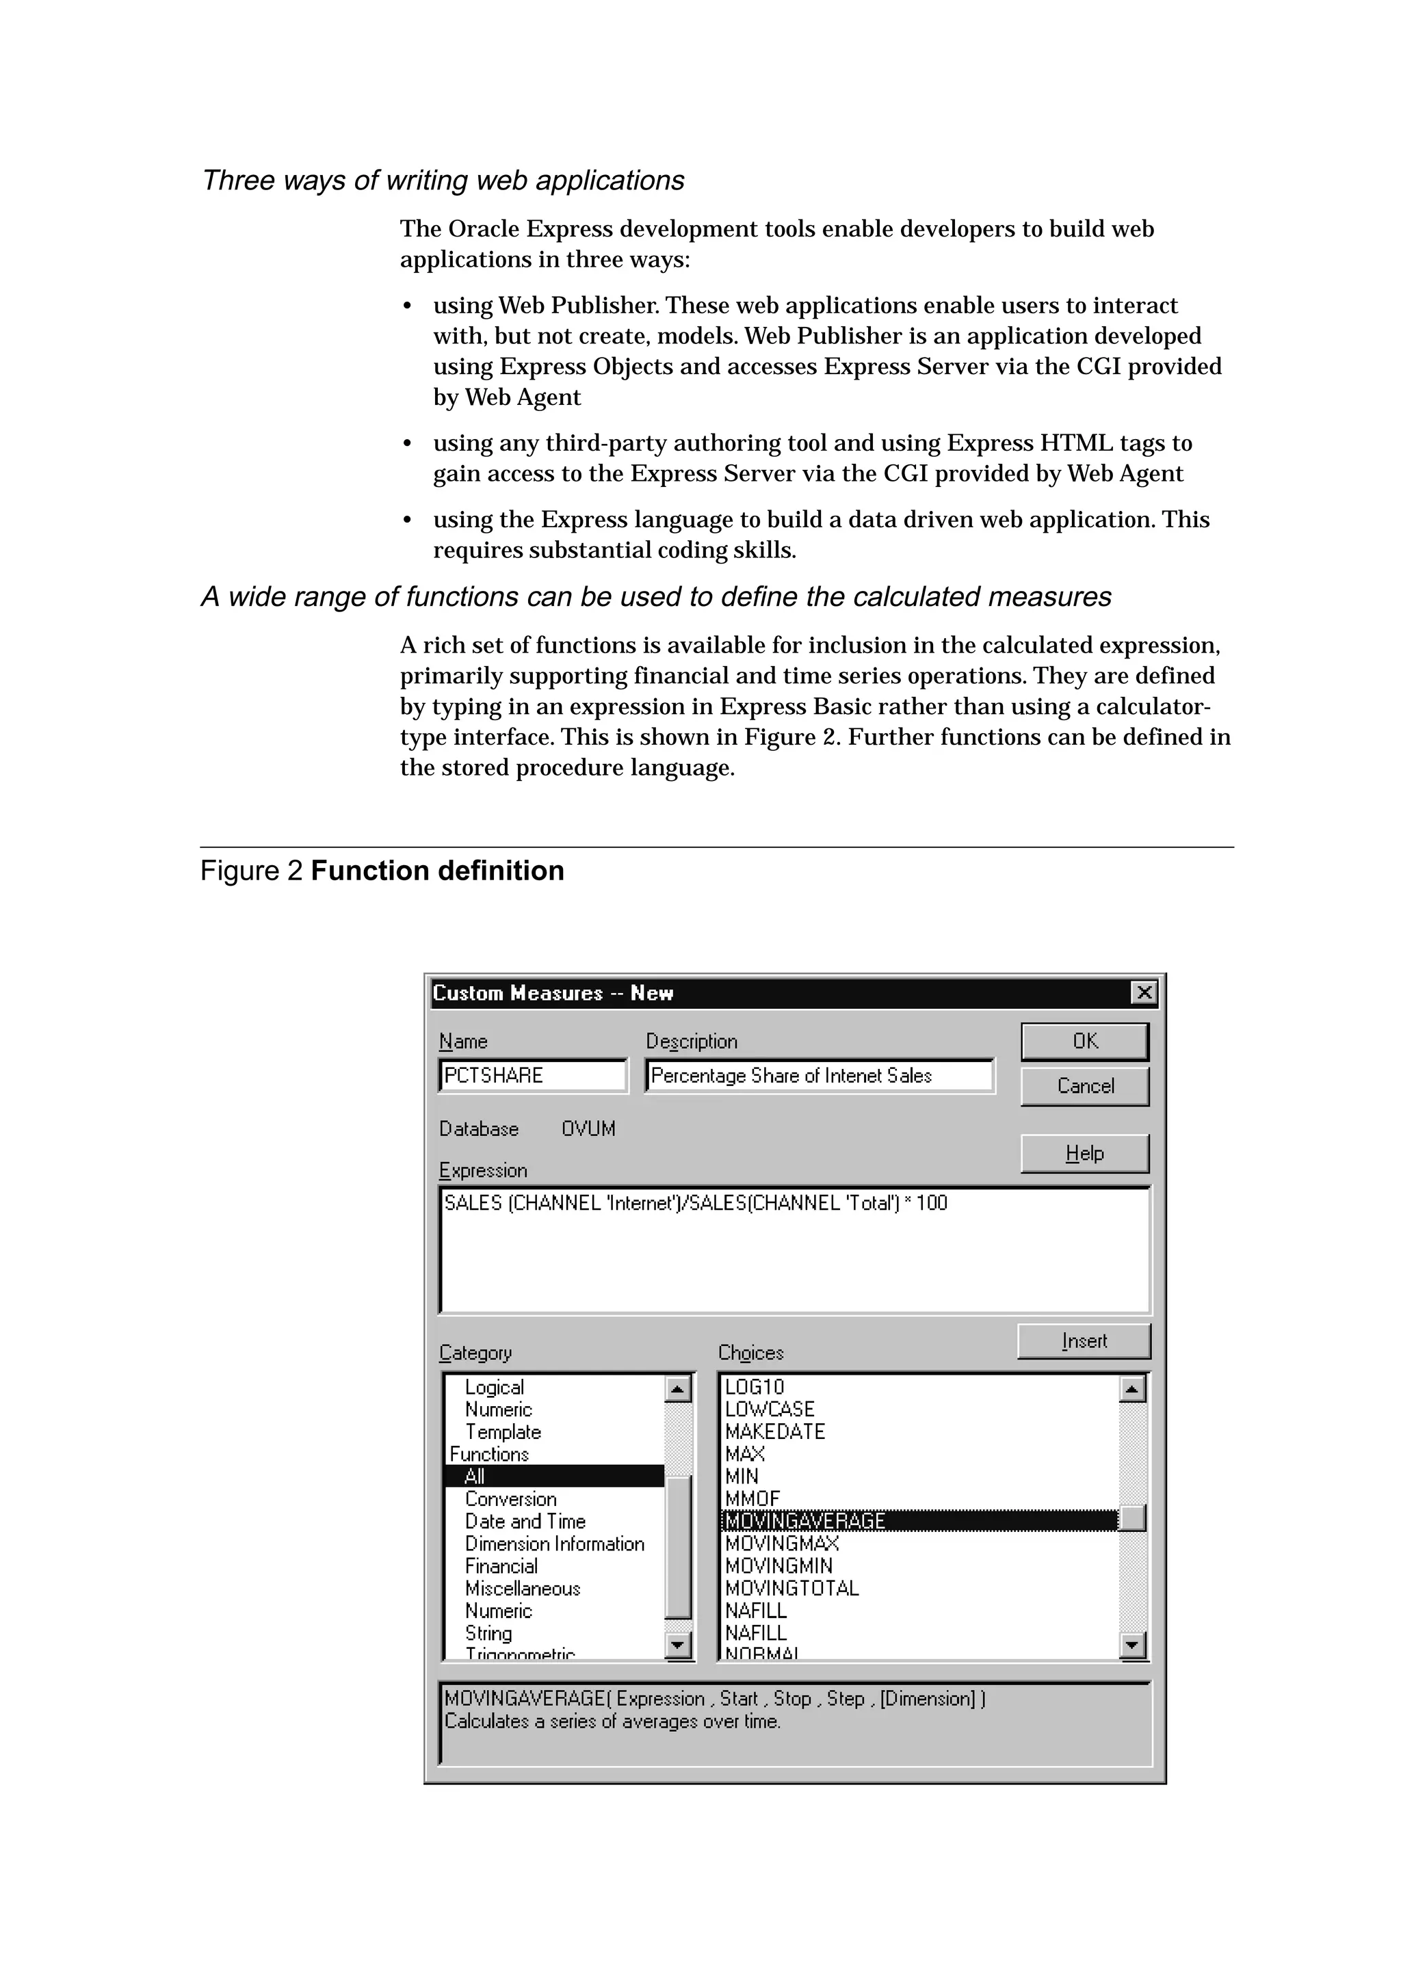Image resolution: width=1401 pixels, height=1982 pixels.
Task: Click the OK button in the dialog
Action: [1084, 1041]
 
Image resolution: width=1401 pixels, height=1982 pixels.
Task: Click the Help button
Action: [1084, 1153]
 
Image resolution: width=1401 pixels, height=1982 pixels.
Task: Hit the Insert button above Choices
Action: [1084, 1340]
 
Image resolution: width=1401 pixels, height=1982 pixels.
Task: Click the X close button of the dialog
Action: [1144, 993]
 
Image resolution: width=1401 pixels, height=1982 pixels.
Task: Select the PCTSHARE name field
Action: [533, 1076]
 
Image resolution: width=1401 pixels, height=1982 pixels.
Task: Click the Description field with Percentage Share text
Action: [820, 1076]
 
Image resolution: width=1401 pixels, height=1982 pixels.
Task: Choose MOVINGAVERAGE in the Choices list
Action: [804, 1521]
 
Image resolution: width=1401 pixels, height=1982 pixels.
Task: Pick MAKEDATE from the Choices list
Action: [774, 1431]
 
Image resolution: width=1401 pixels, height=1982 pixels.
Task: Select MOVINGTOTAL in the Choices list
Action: [791, 1588]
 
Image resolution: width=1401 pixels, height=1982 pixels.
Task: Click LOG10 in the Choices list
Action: [755, 1386]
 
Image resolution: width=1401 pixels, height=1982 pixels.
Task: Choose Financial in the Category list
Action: [501, 1566]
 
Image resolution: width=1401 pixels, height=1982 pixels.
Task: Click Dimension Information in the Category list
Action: [554, 1544]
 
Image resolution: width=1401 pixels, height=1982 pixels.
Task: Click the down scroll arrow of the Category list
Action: [679, 1646]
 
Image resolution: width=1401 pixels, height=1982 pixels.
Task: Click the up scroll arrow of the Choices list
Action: [1131, 1389]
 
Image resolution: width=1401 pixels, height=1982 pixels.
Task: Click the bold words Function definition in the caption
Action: [437, 871]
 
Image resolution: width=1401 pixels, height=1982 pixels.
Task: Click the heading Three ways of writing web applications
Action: [443, 181]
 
